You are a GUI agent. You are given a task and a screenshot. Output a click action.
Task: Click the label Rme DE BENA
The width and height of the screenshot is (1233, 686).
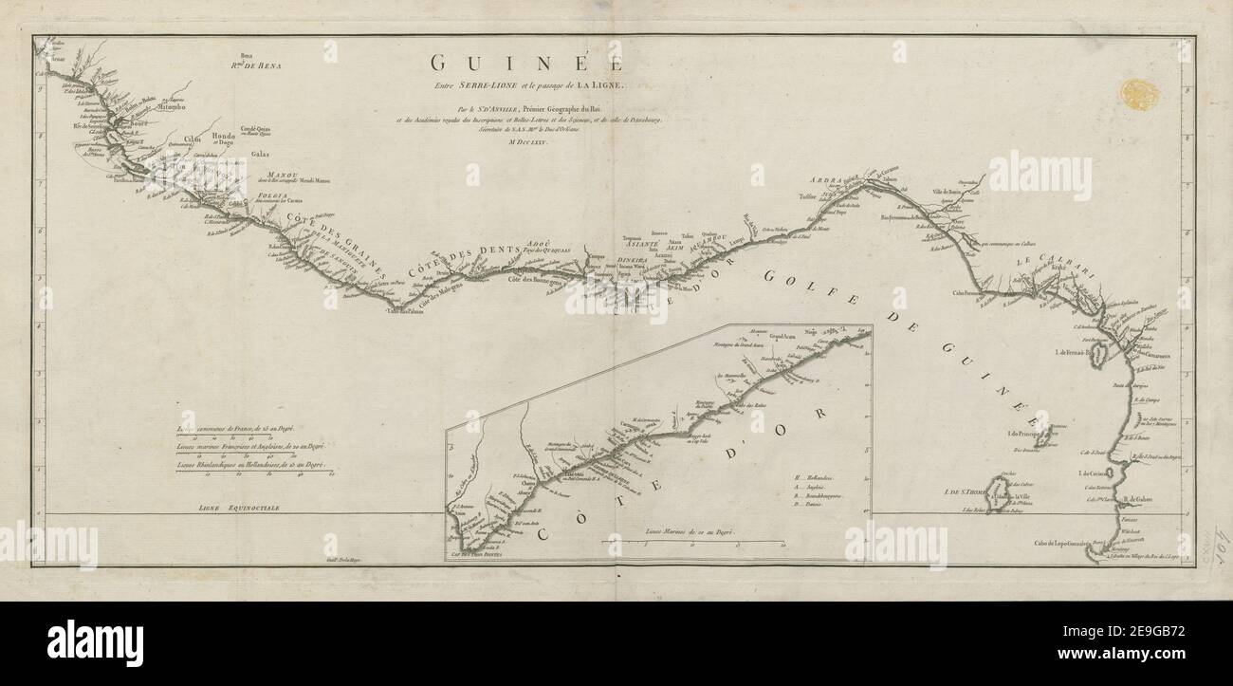256,65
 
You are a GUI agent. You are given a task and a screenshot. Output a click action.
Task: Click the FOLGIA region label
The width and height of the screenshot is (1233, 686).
272,195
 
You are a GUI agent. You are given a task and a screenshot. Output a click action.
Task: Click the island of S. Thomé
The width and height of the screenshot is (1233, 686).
999,493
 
